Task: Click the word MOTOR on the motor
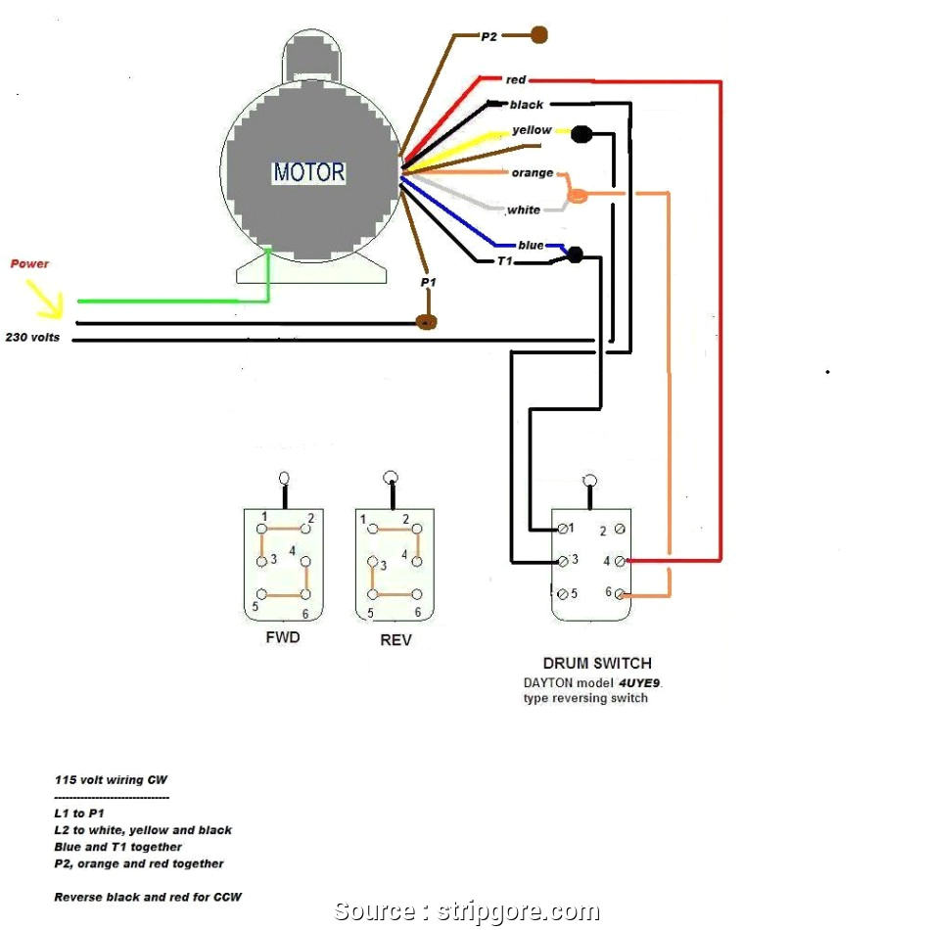(308, 173)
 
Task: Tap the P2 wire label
(489, 36)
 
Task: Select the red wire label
(516, 79)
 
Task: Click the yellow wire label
(532, 130)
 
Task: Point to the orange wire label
(532, 173)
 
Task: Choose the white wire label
(524, 209)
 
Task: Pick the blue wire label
(531, 245)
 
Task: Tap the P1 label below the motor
(428, 282)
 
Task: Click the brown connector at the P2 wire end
(538, 35)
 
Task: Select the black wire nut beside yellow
(581, 133)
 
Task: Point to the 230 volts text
(32, 338)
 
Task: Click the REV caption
(395, 640)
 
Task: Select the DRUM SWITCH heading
(597, 664)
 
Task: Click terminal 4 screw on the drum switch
(620, 561)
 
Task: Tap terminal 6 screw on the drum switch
(620, 594)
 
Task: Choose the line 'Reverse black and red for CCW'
(148, 897)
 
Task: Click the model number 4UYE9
(648, 682)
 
